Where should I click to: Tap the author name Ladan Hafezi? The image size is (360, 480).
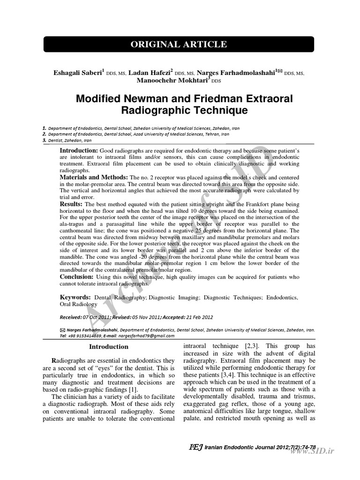147,73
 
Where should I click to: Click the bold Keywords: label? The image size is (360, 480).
75,297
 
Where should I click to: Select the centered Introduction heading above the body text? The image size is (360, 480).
109,347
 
